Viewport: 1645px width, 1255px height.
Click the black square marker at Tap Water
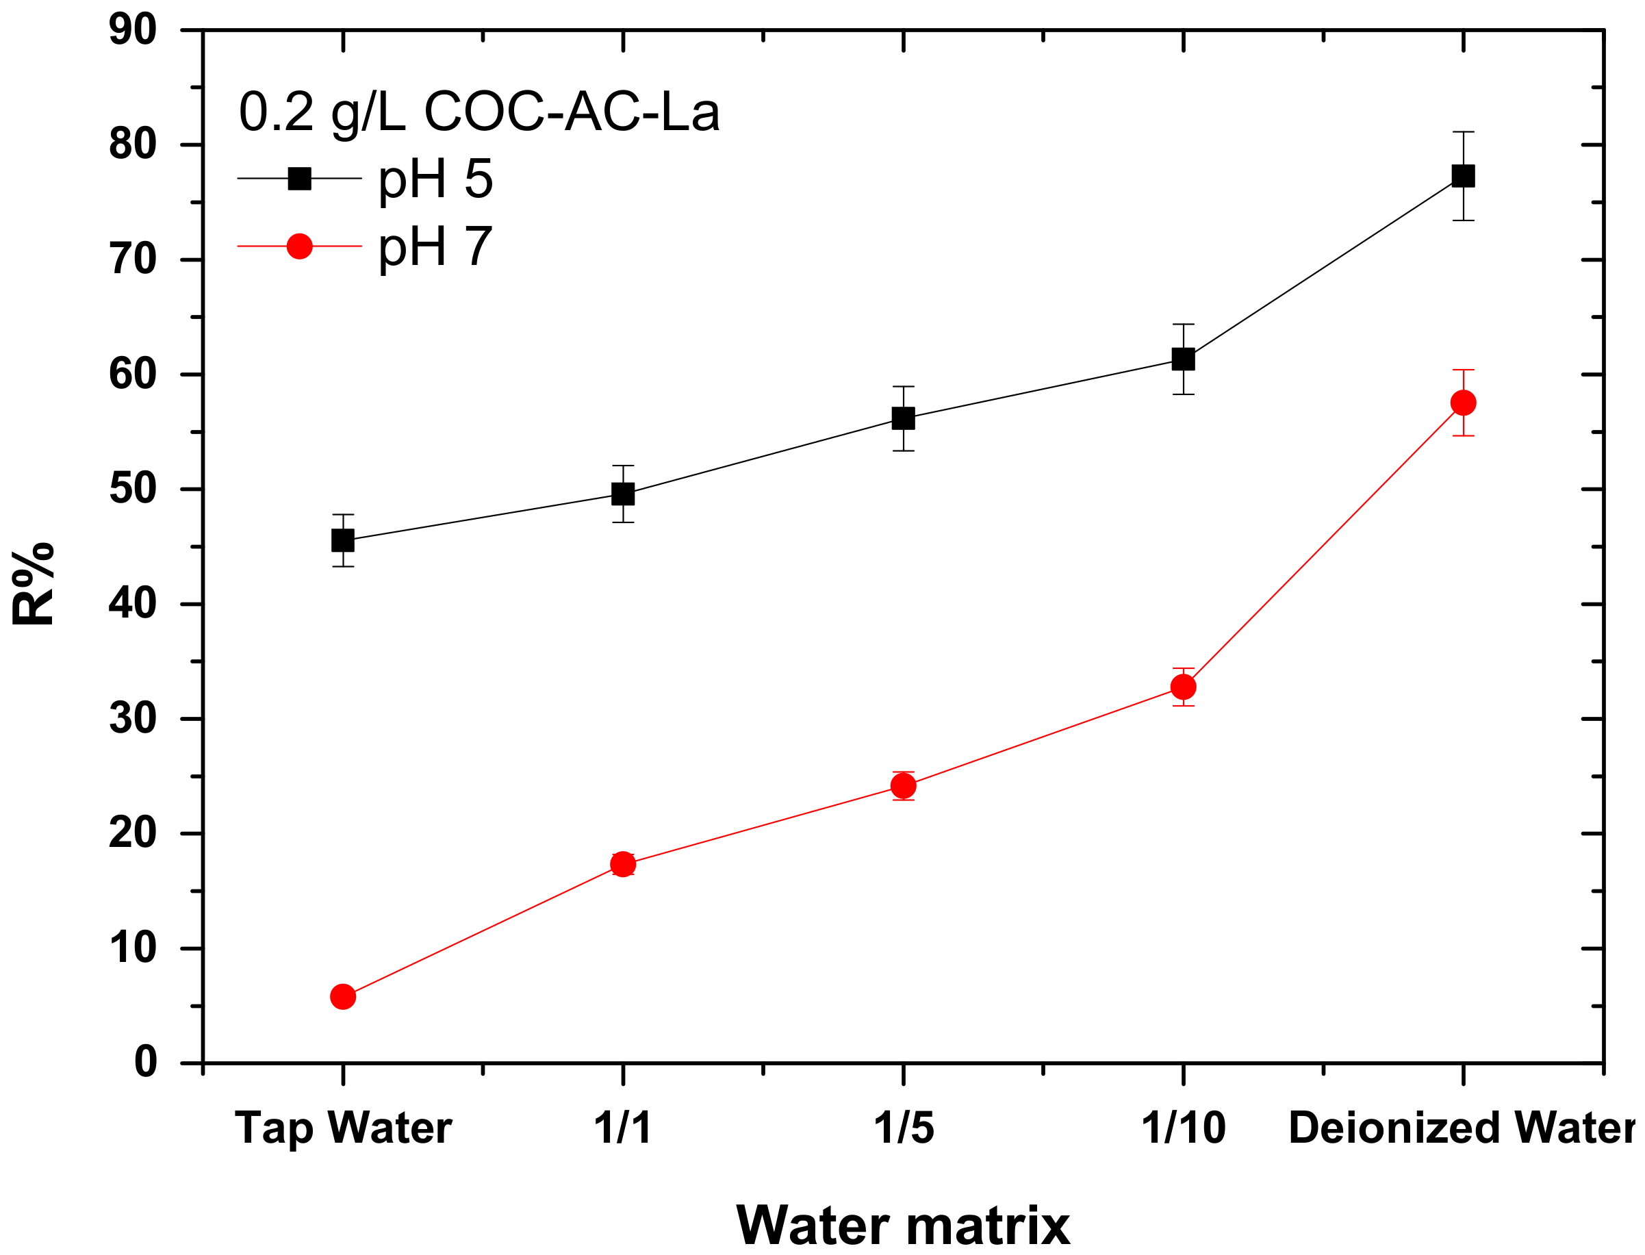tap(344, 541)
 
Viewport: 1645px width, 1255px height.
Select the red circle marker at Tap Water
tap(344, 998)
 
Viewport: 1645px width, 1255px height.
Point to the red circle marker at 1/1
tap(624, 865)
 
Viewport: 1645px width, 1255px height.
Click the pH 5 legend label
tap(436, 180)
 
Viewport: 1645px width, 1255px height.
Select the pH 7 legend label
tap(436, 246)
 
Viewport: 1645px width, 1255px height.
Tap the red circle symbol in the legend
tap(300, 246)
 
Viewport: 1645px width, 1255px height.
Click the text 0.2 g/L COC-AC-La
tap(479, 113)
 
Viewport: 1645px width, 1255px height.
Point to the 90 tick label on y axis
tap(133, 31)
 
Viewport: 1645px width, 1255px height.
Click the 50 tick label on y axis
tap(133, 490)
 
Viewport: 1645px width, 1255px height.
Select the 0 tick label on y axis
tap(146, 1063)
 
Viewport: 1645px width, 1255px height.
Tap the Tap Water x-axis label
tap(344, 1129)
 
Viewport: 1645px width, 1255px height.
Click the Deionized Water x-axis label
tap(1464, 1129)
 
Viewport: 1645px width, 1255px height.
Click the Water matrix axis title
tap(904, 1227)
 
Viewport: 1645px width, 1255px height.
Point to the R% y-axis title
tap(34, 584)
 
